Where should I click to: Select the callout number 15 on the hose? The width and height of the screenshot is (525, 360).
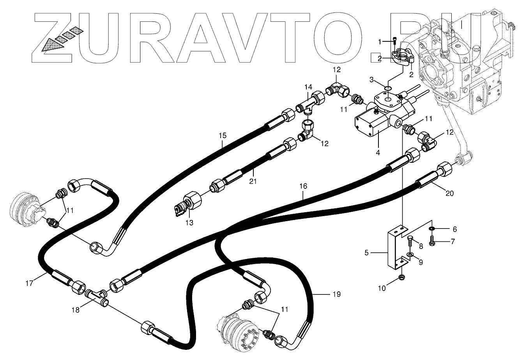pyautogui.click(x=222, y=136)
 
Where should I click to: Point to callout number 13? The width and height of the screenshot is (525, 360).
pyautogui.click(x=189, y=223)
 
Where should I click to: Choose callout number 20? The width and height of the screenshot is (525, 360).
pyautogui.click(x=449, y=193)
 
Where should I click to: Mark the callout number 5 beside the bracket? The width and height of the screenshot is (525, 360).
pyautogui.click(x=366, y=253)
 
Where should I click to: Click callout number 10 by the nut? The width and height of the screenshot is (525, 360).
pyautogui.click(x=382, y=288)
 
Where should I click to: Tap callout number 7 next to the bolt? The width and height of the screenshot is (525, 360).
pyautogui.click(x=453, y=241)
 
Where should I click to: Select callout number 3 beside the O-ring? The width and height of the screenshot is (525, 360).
pyautogui.click(x=372, y=80)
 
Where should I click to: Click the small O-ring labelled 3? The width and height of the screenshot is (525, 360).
pyautogui.click(x=387, y=88)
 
